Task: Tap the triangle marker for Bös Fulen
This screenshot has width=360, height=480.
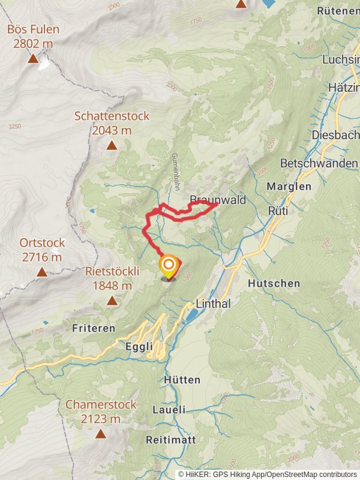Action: point(33,59)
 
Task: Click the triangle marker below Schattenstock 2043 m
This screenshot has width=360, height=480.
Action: point(112,145)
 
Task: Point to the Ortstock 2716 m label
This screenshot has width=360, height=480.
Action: point(42,250)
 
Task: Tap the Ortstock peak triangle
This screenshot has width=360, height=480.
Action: point(42,272)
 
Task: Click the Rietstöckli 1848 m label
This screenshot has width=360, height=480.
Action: point(112,278)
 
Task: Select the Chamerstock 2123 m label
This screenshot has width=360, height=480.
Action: point(101,412)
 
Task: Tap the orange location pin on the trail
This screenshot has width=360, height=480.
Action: point(169,266)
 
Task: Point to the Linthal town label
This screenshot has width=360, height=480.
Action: point(214,304)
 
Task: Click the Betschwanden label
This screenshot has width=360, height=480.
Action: point(319,163)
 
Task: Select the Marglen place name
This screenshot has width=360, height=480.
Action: point(289,186)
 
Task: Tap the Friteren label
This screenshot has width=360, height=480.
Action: point(94,328)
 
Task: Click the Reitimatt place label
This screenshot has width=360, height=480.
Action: point(171,440)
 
